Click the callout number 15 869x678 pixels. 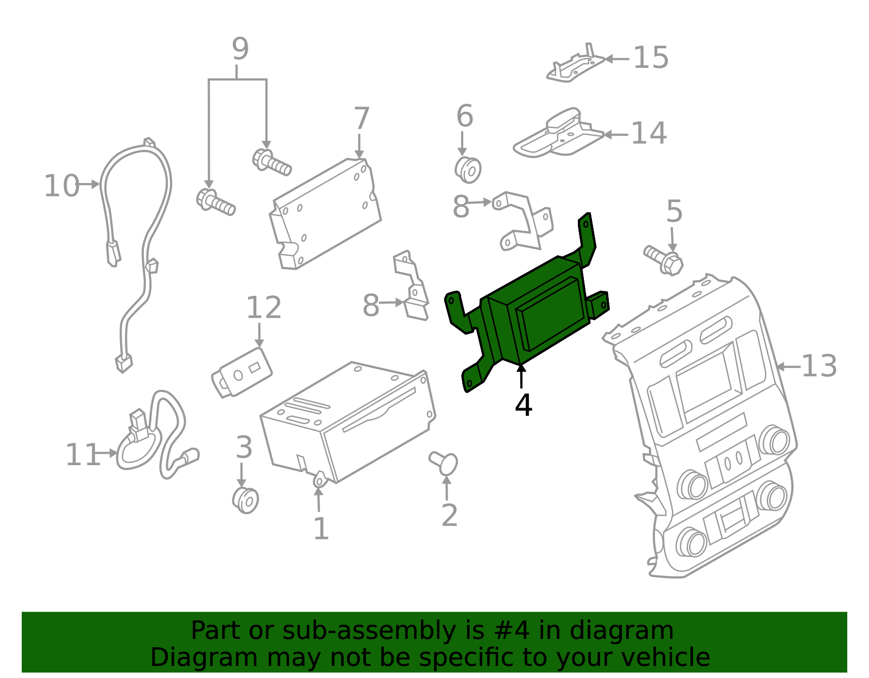651,58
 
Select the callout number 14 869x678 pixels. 648,132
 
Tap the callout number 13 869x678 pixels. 819,366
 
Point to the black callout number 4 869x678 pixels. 524,405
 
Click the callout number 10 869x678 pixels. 61,186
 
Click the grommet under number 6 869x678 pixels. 468,170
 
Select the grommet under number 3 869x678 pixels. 245,500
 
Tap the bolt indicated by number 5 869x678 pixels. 664,260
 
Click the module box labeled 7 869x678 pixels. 325,214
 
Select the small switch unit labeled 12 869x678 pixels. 242,373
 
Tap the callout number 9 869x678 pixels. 241,49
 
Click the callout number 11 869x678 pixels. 82,455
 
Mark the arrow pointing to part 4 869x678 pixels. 521,376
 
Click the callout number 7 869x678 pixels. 362,118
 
